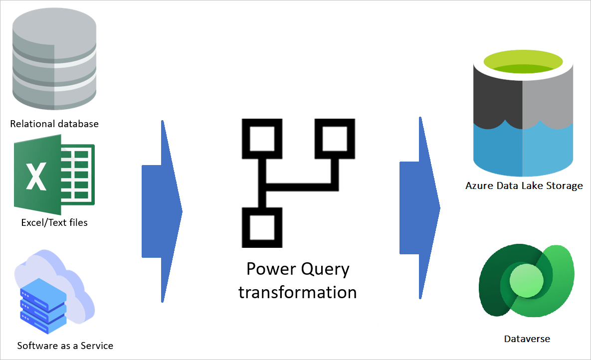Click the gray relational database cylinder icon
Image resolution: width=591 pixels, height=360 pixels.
(54, 60)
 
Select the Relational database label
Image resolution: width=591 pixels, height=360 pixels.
(54, 124)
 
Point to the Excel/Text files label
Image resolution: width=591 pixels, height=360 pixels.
(54, 222)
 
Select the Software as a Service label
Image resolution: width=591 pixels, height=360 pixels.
(65, 346)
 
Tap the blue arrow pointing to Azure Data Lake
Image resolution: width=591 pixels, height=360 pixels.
(419, 208)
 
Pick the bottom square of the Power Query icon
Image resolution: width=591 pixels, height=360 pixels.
(261, 227)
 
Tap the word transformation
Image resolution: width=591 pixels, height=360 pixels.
(298, 292)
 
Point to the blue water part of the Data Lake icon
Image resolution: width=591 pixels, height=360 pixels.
(523, 150)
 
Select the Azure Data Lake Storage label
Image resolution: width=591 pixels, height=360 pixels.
(524, 186)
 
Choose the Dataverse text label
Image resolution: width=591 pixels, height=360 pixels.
(527, 339)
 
